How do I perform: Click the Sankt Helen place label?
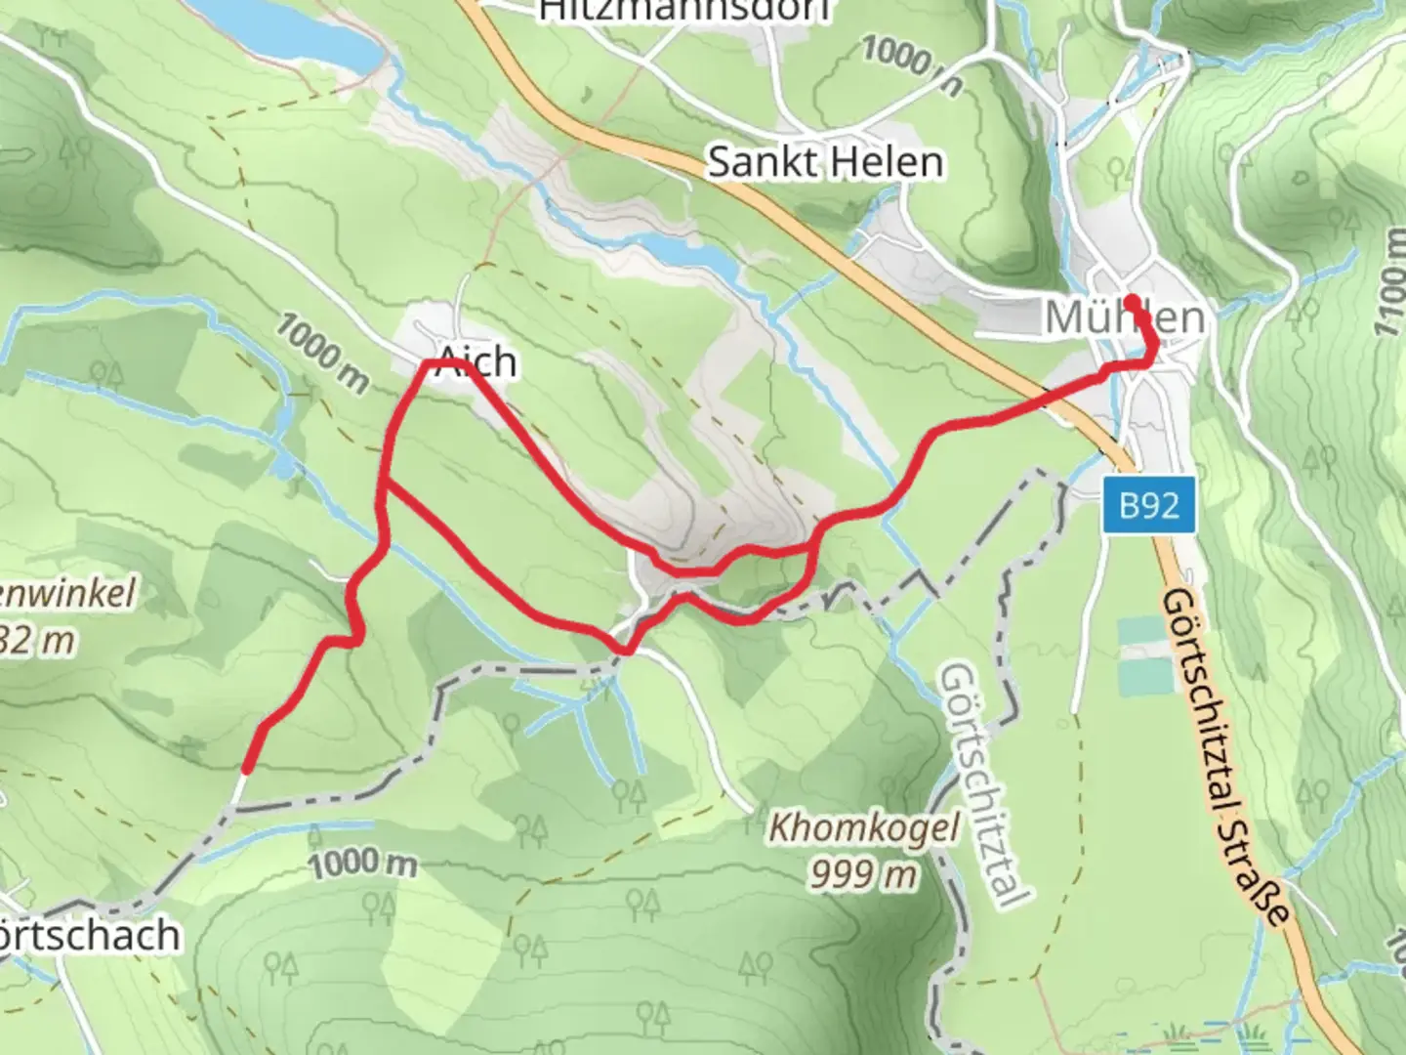[x=825, y=161]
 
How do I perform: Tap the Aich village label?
[x=476, y=362]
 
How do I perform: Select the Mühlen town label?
[x=1124, y=317]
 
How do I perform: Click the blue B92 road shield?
[x=1149, y=505]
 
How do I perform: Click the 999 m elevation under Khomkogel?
[x=862, y=873]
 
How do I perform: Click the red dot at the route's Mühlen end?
[x=1132, y=301]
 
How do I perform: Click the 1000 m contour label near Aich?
[x=320, y=353]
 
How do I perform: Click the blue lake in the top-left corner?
[x=283, y=29]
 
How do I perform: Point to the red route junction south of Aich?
[x=385, y=482]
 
